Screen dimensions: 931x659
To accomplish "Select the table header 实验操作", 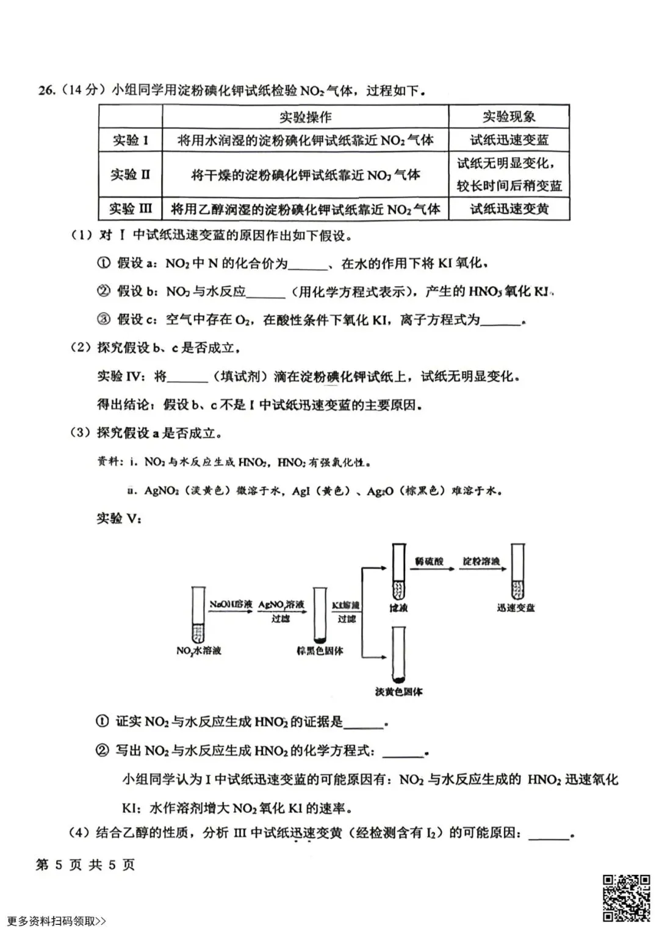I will click(x=305, y=117).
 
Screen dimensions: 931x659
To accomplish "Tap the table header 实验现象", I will click(x=509, y=117).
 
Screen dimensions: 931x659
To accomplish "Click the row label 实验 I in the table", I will click(x=130, y=140).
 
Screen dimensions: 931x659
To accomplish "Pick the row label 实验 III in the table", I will click(x=130, y=209).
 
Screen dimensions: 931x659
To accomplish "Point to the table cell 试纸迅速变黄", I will click(x=509, y=209).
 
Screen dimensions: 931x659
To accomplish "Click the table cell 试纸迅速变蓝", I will click(x=509, y=140).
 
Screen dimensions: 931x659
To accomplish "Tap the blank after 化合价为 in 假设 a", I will click(x=308, y=264).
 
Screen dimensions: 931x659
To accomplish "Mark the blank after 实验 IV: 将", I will click(x=187, y=377).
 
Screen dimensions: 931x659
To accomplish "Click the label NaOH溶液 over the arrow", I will click(x=231, y=605).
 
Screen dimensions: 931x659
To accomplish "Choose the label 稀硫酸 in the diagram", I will click(x=430, y=561).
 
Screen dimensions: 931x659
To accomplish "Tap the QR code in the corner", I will click(x=626, y=898).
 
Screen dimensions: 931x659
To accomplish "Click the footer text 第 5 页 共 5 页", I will click(x=85, y=865).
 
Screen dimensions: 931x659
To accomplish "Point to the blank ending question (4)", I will click(x=549, y=833).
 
